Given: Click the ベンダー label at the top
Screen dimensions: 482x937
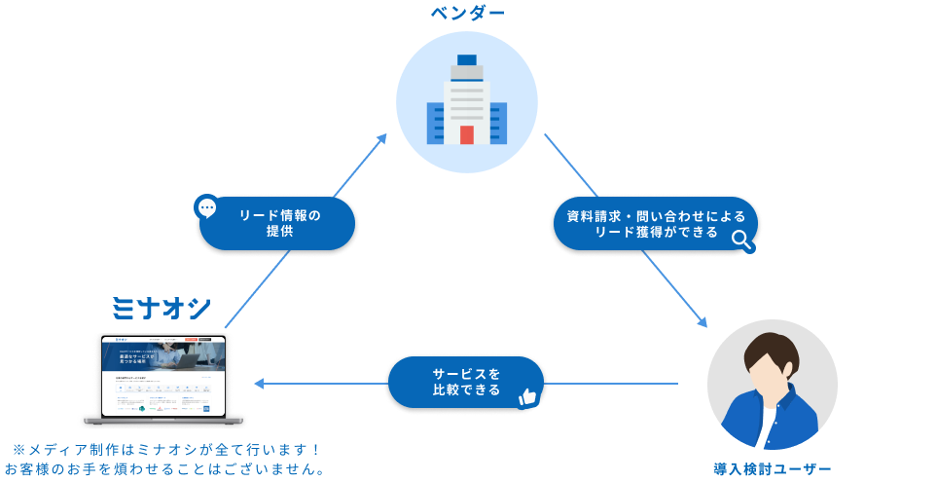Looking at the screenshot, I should pyautogui.click(x=468, y=14).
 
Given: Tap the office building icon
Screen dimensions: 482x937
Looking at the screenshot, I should pyautogui.click(x=467, y=102).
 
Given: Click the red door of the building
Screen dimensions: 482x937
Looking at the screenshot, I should pyautogui.click(x=467, y=134).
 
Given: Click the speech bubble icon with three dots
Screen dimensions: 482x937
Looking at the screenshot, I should pyautogui.click(x=207, y=207).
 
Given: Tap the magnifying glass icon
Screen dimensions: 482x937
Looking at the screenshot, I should pyautogui.click(x=742, y=239).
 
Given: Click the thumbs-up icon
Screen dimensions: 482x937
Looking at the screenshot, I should pyautogui.click(x=528, y=396).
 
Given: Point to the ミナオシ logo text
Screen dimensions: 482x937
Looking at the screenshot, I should pyautogui.click(x=161, y=309).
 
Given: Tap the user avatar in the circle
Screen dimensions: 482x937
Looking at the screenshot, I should pyautogui.click(x=772, y=384).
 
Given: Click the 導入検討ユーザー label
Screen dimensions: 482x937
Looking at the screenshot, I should pyautogui.click(x=772, y=470).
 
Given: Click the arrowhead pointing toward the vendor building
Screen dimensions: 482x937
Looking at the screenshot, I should pyautogui.click(x=380, y=138).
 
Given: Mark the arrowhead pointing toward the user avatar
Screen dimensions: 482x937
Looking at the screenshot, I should pyautogui.click(x=702, y=324).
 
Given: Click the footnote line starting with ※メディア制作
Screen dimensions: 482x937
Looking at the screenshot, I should pyautogui.click(x=166, y=449).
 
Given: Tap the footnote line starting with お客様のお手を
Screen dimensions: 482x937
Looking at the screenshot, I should pyautogui.click(x=164, y=469).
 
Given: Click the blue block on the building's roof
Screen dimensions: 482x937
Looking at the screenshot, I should pyautogui.click(x=467, y=59).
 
